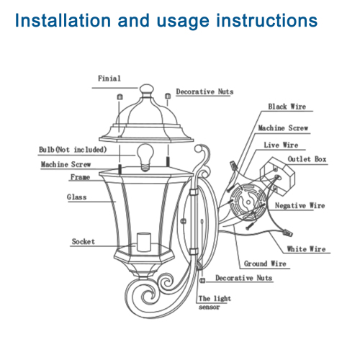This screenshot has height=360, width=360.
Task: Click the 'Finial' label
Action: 109,78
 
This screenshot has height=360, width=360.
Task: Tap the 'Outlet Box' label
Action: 307,158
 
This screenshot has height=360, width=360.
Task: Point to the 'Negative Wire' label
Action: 300,206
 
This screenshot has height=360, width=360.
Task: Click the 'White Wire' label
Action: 307,249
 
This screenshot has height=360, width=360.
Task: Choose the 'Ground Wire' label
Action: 266,264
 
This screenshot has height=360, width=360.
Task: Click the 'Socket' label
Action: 84,242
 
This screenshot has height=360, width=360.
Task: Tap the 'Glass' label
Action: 77,197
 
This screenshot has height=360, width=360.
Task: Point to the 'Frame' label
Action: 79,177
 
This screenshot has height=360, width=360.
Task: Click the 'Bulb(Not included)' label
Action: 73,150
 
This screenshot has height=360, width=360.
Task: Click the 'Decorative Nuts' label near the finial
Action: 204,92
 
